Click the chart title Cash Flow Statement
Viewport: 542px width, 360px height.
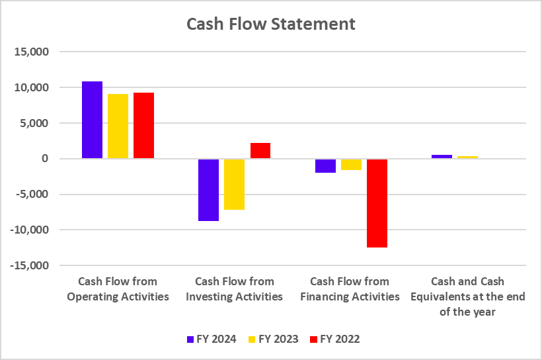coord(271,24)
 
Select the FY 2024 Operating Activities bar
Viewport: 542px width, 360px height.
coord(92,120)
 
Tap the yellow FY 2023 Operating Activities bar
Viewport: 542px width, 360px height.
coord(118,126)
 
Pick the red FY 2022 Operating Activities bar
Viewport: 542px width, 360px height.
coord(143,125)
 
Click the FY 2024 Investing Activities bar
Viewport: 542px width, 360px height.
coord(208,190)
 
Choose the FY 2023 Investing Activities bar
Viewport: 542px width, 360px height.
coord(234,184)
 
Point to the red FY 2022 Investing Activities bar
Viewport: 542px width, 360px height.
coord(260,151)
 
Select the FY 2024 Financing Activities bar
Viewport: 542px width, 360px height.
coord(325,165)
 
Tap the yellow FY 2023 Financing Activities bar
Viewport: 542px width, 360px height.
coord(350,164)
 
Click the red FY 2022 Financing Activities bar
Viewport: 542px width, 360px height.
coord(376,203)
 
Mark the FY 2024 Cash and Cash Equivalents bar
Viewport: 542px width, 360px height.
coord(442,157)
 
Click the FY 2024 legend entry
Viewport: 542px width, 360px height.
coord(211,339)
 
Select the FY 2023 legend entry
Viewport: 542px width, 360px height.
coord(272,339)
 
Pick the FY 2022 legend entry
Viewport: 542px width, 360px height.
coord(334,339)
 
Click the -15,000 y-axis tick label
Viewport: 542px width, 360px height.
coord(31,265)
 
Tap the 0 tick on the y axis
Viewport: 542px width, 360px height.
coord(45,159)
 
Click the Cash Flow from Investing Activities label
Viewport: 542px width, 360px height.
coord(234,289)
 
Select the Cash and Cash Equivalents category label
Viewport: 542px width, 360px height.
coord(468,296)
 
